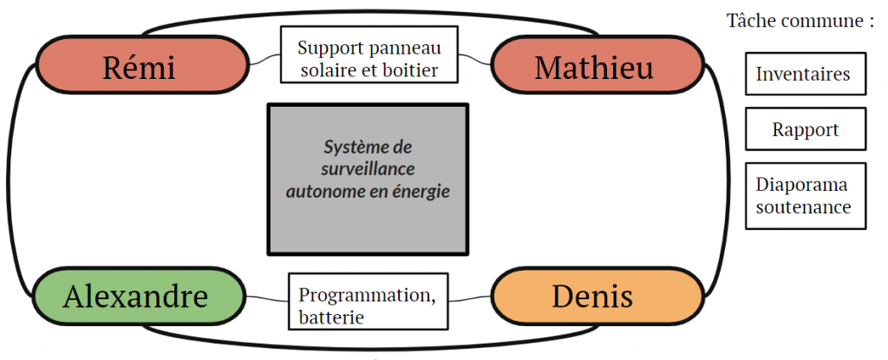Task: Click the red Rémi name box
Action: (139, 68)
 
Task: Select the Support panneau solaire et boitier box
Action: (369, 56)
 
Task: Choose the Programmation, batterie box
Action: (368, 301)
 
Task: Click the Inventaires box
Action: (802, 75)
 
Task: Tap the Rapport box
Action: (805, 130)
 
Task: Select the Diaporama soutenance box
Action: (804, 196)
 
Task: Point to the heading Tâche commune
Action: (799, 21)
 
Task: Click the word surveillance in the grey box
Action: (368, 169)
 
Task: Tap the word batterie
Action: (330, 317)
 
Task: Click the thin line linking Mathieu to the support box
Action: (474, 60)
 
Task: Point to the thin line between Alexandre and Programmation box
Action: (264, 298)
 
